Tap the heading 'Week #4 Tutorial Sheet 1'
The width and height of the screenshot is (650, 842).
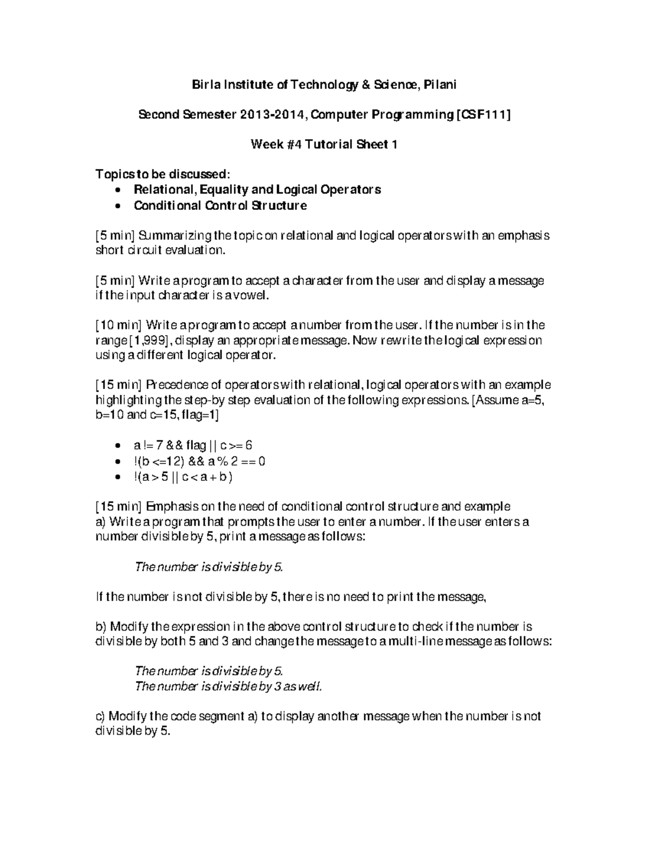[324, 145]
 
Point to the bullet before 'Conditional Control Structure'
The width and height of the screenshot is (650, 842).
[119, 207]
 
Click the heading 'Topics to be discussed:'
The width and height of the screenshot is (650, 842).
[162, 175]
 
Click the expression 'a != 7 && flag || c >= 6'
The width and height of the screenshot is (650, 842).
[193, 446]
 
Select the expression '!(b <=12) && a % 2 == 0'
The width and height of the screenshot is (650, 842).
[199, 461]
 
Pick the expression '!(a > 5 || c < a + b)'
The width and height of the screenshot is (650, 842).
[183, 478]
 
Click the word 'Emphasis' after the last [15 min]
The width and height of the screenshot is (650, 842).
[173, 507]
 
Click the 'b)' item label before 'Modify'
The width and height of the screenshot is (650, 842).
[101, 627]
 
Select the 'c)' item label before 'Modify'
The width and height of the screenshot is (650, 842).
[101, 716]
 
